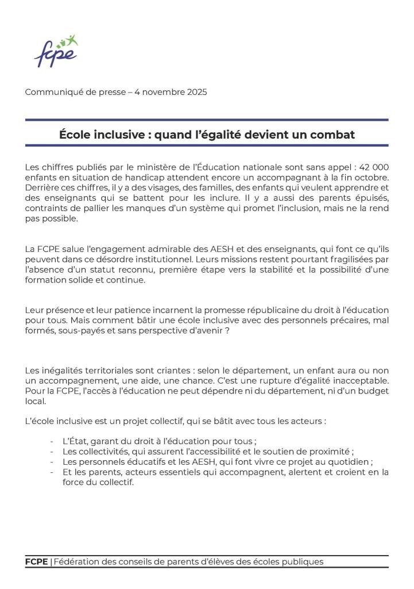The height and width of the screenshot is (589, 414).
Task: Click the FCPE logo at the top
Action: click(x=55, y=52)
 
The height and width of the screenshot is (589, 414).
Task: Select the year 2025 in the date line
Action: click(x=196, y=92)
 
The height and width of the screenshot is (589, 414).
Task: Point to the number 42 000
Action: click(x=374, y=167)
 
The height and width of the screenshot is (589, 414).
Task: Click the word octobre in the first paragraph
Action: click(x=371, y=177)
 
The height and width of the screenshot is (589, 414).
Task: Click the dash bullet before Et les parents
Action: click(x=52, y=472)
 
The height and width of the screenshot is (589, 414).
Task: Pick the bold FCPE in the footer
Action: click(x=36, y=562)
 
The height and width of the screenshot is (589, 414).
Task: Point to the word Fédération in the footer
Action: click(x=77, y=562)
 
